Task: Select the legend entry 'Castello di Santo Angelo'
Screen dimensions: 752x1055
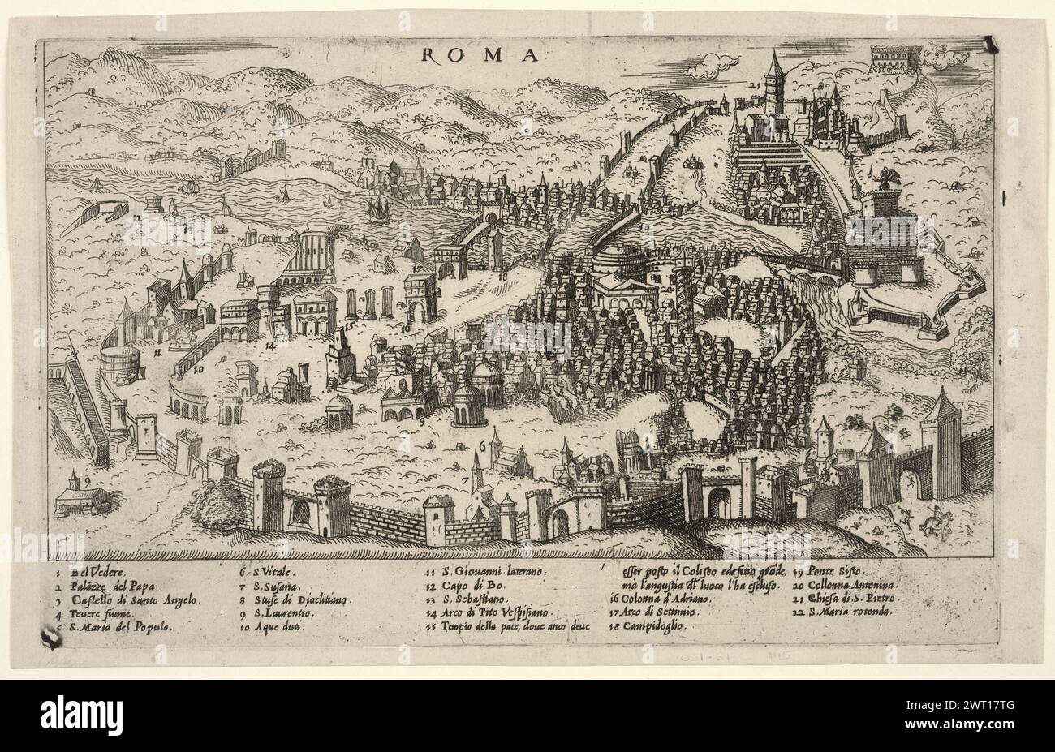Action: [134, 599]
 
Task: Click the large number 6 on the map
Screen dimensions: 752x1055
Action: [482, 445]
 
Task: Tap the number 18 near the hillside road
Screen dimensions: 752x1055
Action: [502, 277]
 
